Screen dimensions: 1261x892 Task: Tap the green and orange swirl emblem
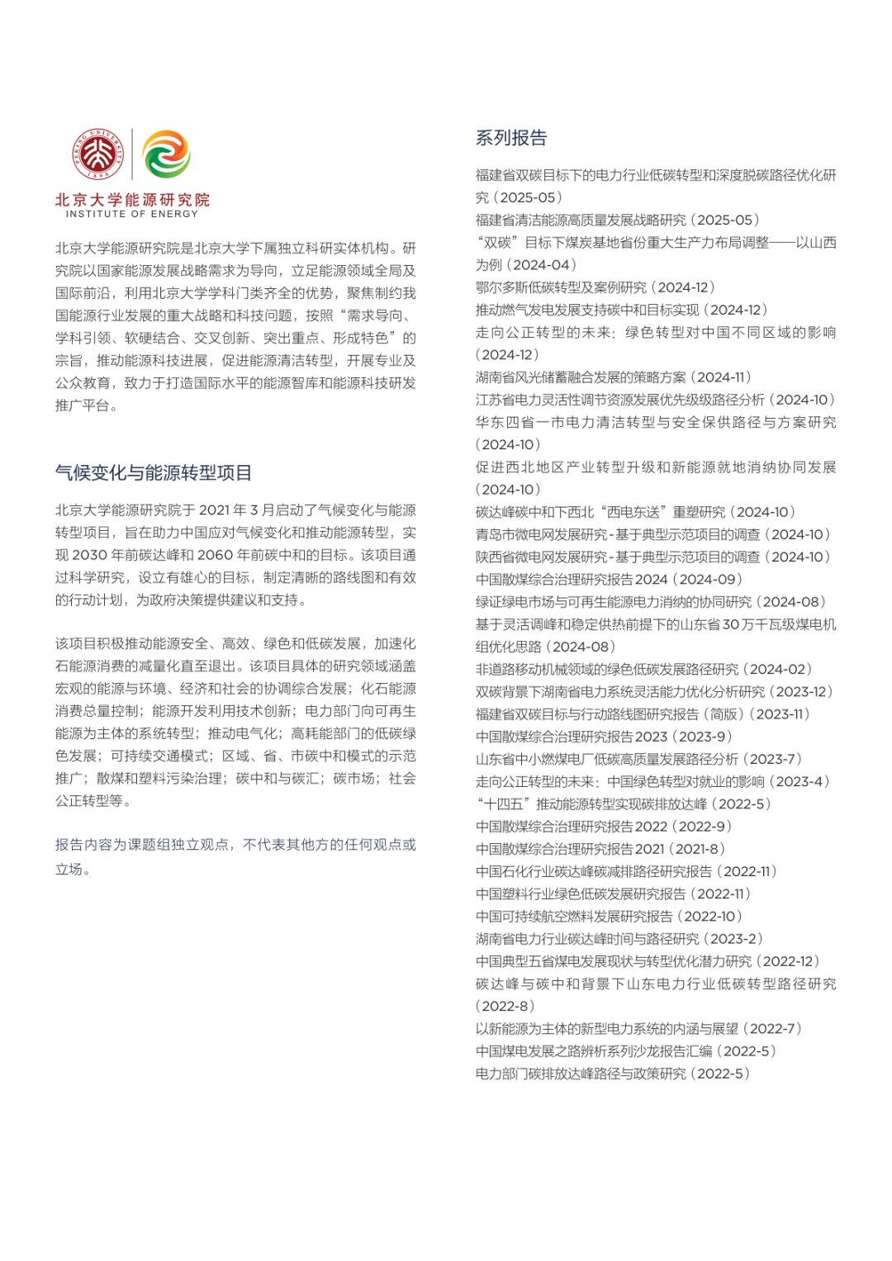(166, 154)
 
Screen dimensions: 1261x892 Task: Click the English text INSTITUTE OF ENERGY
(132, 214)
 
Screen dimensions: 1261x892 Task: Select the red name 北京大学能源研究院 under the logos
(132, 200)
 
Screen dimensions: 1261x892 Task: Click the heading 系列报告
(511, 138)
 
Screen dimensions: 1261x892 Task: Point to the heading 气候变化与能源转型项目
(154, 473)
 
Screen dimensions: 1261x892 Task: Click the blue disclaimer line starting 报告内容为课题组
(235, 845)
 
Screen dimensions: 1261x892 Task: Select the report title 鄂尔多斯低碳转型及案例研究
(561, 287)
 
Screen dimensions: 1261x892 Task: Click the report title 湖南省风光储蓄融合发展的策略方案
(581, 377)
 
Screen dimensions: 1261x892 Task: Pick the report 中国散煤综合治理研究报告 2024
(572, 580)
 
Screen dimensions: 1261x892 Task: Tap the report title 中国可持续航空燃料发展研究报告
(574, 917)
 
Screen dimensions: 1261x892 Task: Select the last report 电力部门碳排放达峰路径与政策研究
(581, 1074)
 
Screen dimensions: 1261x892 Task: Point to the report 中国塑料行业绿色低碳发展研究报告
(581, 894)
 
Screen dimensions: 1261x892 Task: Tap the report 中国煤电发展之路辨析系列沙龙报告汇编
(594, 1051)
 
